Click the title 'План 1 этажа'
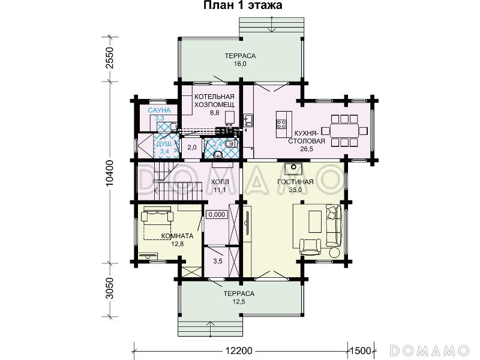[x=243, y=5]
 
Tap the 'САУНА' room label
[x=159, y=110]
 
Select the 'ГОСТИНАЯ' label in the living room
[x=295, y=182]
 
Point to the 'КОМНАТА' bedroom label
[x=177, y=236]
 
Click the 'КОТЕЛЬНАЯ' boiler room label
[x=214, y=97]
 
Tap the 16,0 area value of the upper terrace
[x=240, y=64]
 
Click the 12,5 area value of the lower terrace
[x=239, y=302]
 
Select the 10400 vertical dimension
[x=109, y=173]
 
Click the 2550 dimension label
[x=109, y=58]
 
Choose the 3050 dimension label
[x=109, y=289]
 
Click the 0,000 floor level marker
[x=217, y=214]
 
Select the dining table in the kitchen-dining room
[x=344, y=131]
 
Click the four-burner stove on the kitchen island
[x=281, y=124]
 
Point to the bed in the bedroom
[x=157, y=223]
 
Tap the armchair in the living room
[x=310, y=247]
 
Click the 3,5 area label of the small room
[x=218, y=261]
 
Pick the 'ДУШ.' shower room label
[x=164, y=144]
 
